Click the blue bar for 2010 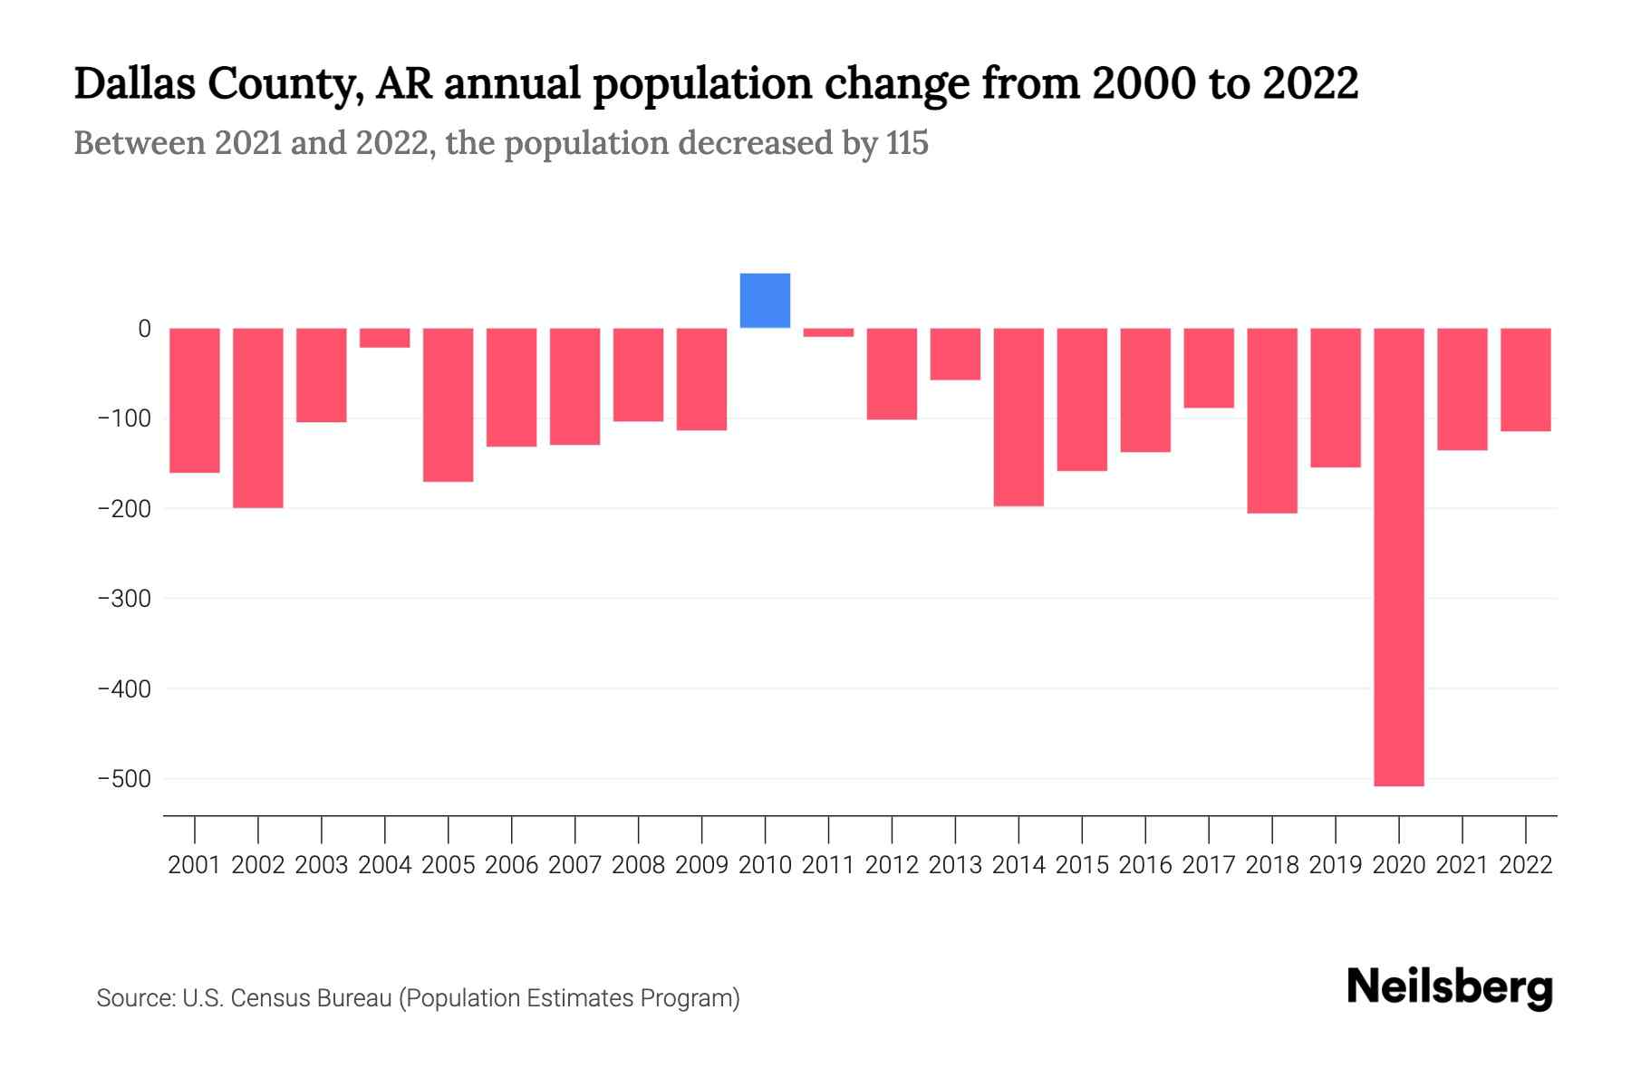point(765,301)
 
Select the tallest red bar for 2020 point(1398,556)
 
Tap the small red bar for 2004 point(385,338)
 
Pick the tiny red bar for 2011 point(828,332)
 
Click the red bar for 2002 point(258,418)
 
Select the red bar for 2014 point(1018,417)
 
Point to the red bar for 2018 point(1271,420)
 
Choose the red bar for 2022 point(1525,380)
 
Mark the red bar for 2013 point(955,354)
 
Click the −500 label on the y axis point(124,779)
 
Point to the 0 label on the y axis point(144,329)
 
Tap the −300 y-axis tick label point(124,599)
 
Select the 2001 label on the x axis point(195,865)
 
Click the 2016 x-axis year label point(1145,865)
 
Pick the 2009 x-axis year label point(702,865)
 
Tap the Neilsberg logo point(1450,988)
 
